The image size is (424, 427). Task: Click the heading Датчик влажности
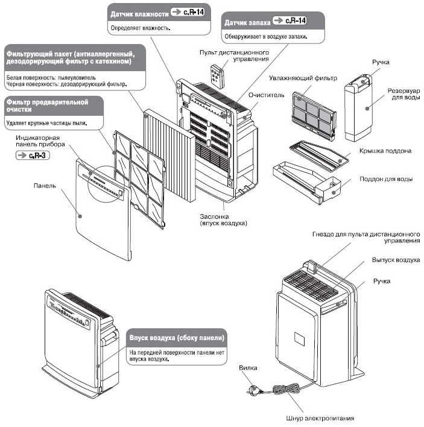coord(138,13)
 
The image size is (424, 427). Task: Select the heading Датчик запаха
coord(246,21)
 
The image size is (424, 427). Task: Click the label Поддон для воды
coord(385,180)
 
